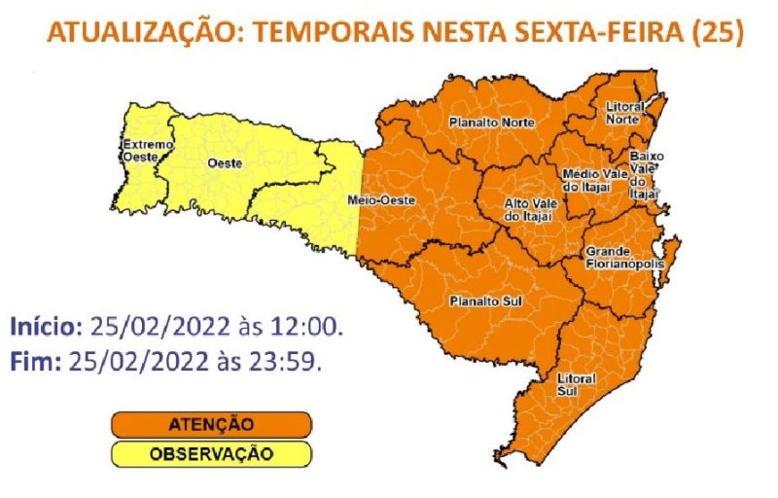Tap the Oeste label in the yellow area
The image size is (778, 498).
click(x=225, y=163)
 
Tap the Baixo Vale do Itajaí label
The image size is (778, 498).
click(x=645, y=174)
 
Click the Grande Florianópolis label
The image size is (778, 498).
click(x=624, y=258)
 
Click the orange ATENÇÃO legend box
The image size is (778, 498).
click(x=211, y=425)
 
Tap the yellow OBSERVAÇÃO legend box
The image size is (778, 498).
click(x=211, y=454)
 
